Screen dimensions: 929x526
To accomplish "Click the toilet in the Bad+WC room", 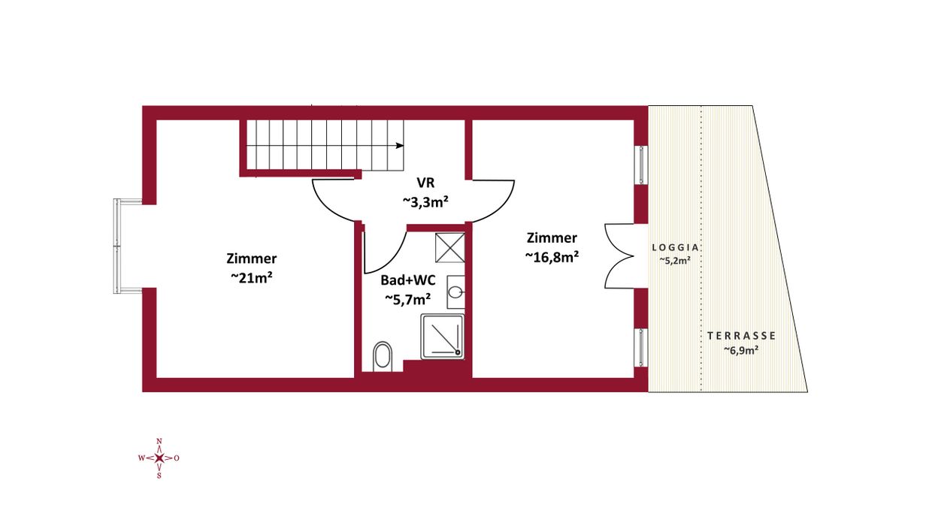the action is tap(383, 356).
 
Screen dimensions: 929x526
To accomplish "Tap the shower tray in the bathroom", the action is tap(443, 336).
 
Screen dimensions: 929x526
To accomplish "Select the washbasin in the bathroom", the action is tap(455, 292).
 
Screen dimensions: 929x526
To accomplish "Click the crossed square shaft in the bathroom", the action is tap(450, 247).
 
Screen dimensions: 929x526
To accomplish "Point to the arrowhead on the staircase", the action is tap(400, 146).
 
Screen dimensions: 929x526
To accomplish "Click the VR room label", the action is tap(425, 183).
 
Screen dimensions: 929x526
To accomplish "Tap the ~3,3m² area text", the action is tap(425, 202).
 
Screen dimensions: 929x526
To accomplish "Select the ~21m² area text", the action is tap(251, 277).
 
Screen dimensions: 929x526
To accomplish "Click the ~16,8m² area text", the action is tap(552, 256).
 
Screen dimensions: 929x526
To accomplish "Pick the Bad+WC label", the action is tap(408, 280).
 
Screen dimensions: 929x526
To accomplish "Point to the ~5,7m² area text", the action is tap(407, 299).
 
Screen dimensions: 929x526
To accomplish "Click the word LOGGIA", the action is tap(675, 247).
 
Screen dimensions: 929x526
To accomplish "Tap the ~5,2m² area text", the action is tap(675, 261).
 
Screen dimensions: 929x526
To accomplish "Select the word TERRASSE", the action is tap(741, 336).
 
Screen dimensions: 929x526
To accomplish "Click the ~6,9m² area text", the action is tap(741, 350).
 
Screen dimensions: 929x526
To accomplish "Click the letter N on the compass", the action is tap(159, 441).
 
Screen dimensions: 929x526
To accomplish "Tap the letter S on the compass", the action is tap(159, 476).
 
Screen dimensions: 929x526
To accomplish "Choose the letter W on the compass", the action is tap(141, 458).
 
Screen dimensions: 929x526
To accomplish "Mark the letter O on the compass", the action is tap(177, 458).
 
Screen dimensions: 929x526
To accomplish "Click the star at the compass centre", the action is tap(159, 458).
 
